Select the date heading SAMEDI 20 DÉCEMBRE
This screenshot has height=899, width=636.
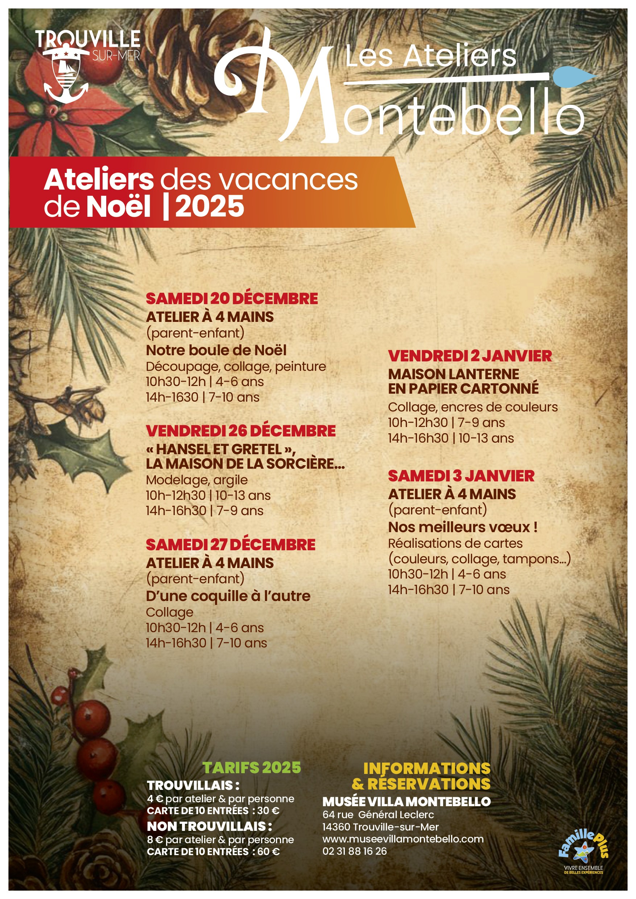pos(231,299)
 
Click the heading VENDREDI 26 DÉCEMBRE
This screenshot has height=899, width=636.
pos(240,431)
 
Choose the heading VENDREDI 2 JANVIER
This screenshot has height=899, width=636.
pos(470,356)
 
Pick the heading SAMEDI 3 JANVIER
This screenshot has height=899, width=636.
pos(461,476)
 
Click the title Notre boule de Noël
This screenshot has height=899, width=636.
pos(216,350)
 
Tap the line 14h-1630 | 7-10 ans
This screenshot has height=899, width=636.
pos(202,397)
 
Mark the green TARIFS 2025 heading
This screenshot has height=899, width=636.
pos(252,768)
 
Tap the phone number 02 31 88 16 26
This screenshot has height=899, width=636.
pos(354,851)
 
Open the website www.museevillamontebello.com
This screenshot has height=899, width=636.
pos(403,839)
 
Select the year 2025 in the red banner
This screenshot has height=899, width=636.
pos(210,207)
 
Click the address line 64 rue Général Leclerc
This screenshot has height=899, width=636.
pos(378,815)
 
